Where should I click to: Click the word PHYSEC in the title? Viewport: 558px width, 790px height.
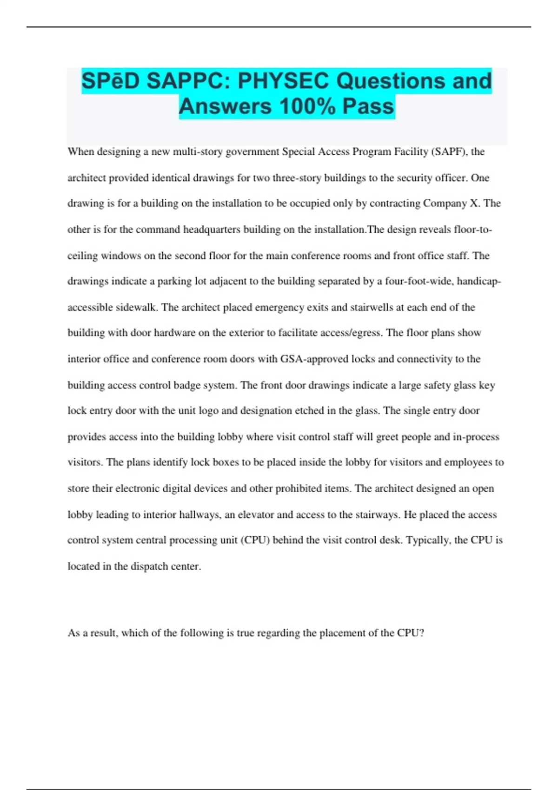coord(283,81)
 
